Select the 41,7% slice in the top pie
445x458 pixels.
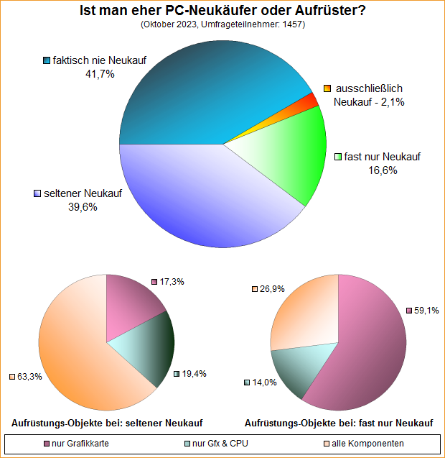(208, 86)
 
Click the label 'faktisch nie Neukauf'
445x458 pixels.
(95, 60)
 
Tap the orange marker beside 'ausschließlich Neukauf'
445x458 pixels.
(327, 88)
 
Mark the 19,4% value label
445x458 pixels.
(194, 375)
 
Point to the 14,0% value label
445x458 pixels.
(264, 383)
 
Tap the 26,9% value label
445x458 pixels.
(272, 289)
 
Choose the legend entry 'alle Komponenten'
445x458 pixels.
(363, 443)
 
